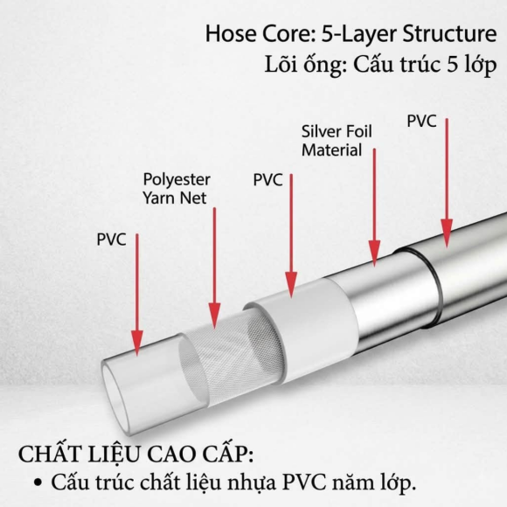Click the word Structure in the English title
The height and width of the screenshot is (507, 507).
[x=449, y=33]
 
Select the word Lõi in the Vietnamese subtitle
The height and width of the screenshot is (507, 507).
[x=281, y=64]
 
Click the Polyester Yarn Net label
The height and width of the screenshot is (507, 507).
[x=177, y=189]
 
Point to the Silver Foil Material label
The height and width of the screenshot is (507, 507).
[x=337, y=141]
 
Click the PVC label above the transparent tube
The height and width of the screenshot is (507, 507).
[x=111, y=240]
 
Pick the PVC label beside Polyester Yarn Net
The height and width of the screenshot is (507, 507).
[x=267, y=180]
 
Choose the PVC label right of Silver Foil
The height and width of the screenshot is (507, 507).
[x=421, y=122]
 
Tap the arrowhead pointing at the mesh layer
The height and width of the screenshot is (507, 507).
[x=214, y=316]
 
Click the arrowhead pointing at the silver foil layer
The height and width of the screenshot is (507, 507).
[x=374, y=253]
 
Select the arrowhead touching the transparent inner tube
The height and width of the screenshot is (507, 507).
[x=137, y=343]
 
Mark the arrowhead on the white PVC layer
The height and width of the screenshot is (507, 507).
[x=291, y=285]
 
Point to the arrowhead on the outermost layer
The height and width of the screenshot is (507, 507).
[x=447, y=233]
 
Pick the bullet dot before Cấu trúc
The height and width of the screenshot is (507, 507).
[x=38, y=483]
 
